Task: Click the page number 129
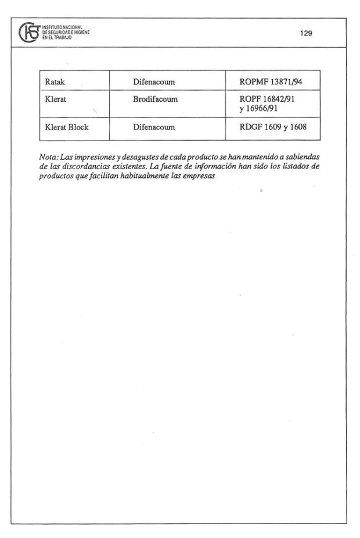point(306,34)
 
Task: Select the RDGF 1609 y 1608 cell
point(272,127)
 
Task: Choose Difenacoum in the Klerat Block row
point(154,127)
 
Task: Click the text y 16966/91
point(259,109)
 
